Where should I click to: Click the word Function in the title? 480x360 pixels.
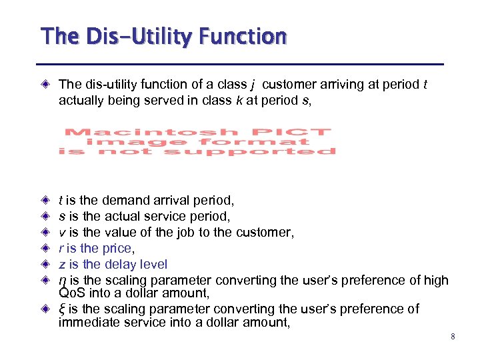click(x=247, y=35)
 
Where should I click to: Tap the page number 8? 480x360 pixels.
click(x=453, y=337)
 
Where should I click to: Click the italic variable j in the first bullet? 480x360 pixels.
click(x=253, y=85)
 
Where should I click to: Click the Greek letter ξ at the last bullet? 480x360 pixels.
click(x=61, y=309)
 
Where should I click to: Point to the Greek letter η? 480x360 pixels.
click(x=62, y=281)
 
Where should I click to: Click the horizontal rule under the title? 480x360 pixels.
click(x=240, y=65)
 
